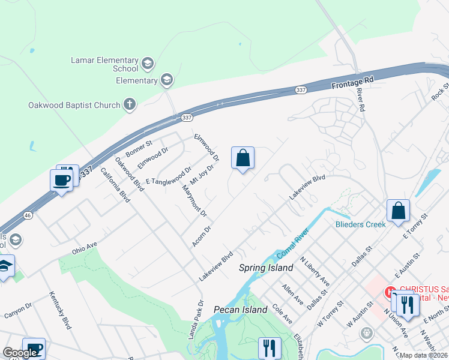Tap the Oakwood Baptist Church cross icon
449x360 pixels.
129,105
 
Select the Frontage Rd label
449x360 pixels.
352,83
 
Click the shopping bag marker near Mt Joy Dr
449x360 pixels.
243,159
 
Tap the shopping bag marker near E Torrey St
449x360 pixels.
398,211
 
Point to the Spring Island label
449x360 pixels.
266,268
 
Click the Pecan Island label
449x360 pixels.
240,310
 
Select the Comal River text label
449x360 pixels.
292,244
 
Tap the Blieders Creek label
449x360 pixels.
360,225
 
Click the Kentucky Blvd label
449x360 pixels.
60,311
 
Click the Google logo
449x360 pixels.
19,353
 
